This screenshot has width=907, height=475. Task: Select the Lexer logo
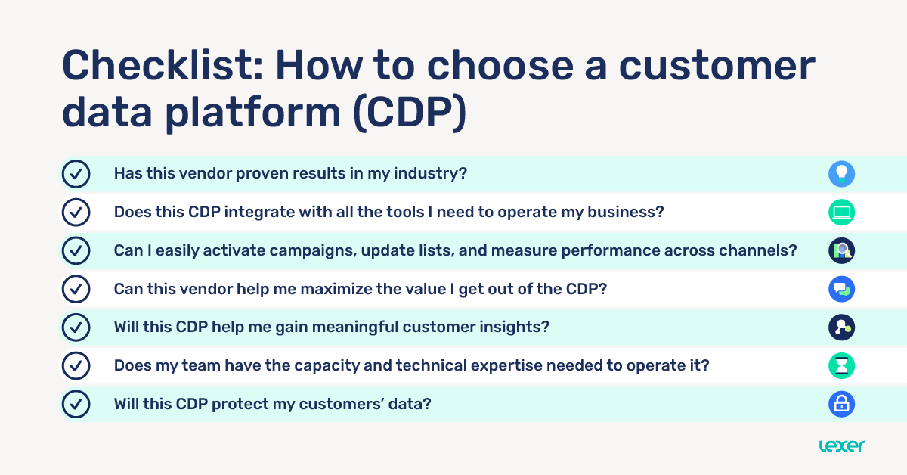[x=842, y=446]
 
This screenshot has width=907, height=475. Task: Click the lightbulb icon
[x=841, y=174]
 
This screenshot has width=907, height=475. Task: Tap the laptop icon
[x=841, y=213]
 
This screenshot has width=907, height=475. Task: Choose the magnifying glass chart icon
[x=841, y=250]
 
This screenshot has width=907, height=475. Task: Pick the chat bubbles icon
[x=841, y=289]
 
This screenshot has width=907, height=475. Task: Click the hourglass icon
[x=841, y=366]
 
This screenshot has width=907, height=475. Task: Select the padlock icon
[x=841, y=404]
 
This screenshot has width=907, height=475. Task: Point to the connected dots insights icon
[x=841, y=328]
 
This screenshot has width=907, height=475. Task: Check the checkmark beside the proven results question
[x=76, y=174]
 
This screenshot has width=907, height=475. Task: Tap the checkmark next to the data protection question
[x=76, y=404]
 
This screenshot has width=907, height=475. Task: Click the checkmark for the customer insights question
[x=76, y=328]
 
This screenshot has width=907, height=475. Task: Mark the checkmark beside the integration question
[x=76, y=213]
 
